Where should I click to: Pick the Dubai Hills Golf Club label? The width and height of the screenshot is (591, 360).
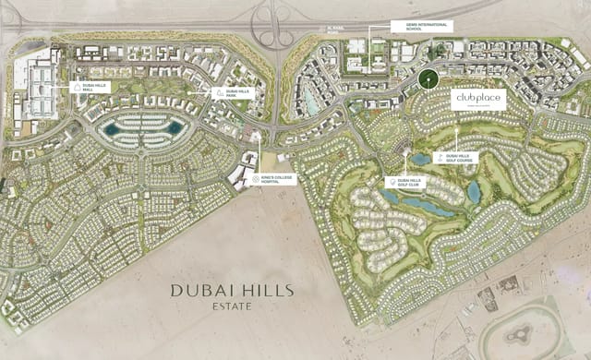(x=407, y=183)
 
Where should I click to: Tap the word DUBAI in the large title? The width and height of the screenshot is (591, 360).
(x=198, y=290)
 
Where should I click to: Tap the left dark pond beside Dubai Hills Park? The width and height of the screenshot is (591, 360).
(x=112, y=130)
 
